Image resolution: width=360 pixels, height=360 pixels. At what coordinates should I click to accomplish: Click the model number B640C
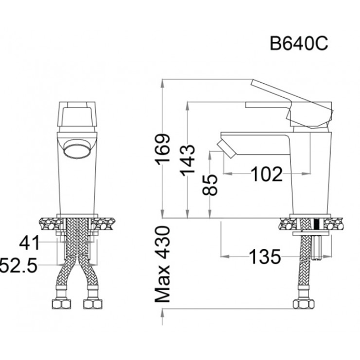tap(299, 44)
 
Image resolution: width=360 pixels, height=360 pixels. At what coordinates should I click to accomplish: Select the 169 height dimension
tap(162, 149)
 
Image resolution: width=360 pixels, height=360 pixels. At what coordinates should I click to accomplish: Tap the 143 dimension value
tap(187, 160)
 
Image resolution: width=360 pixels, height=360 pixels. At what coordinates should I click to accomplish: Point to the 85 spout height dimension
tap(210, 185)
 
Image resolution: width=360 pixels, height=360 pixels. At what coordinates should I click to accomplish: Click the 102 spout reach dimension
tap(266, 174)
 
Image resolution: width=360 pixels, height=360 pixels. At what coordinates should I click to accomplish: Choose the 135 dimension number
tap(265, 256)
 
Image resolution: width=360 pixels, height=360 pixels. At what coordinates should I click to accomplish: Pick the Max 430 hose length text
tap(162, 264)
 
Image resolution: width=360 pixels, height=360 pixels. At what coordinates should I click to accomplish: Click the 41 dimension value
tap(29, 243)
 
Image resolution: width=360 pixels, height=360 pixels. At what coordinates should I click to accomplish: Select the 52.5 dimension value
tap(18, 265)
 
